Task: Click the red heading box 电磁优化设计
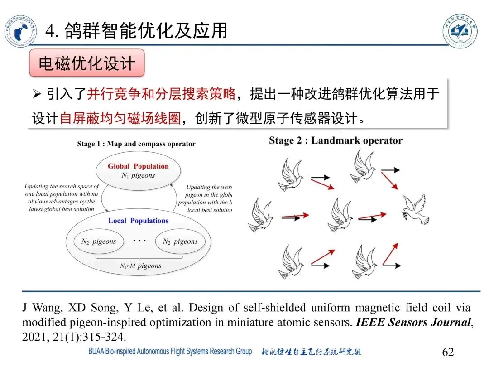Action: click(86, 63)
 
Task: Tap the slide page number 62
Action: click(447, 352)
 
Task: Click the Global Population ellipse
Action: click(138, 170)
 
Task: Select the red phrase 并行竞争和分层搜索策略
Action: click(161, 94)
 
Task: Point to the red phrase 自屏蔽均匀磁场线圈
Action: click(120, 118)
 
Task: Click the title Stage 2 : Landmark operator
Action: click(336, 140)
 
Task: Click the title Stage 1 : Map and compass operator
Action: click(136, 144)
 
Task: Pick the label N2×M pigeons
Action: click(141, 266)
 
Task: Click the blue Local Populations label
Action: click(138, 221)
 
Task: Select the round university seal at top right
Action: click(460, 30)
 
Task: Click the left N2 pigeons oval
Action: click(99, 241)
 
